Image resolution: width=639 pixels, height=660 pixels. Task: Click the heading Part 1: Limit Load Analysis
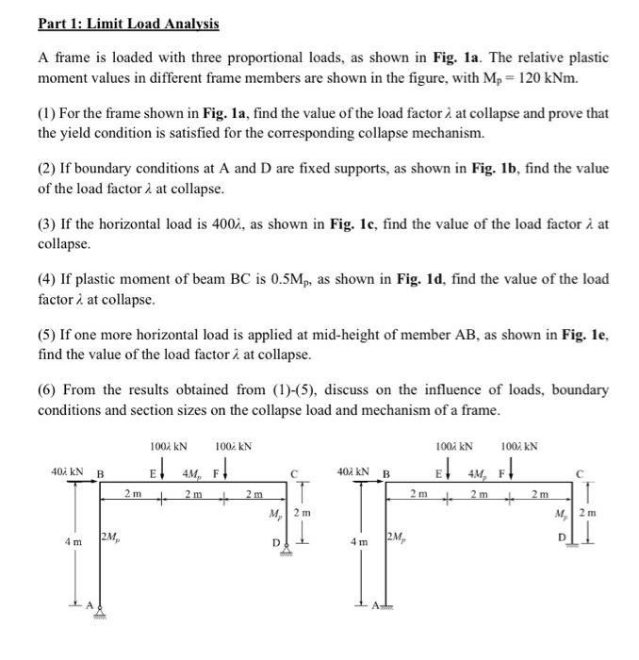click(x=128, y=23)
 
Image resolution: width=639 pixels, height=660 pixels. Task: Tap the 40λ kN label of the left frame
click(x=69, y=473)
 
